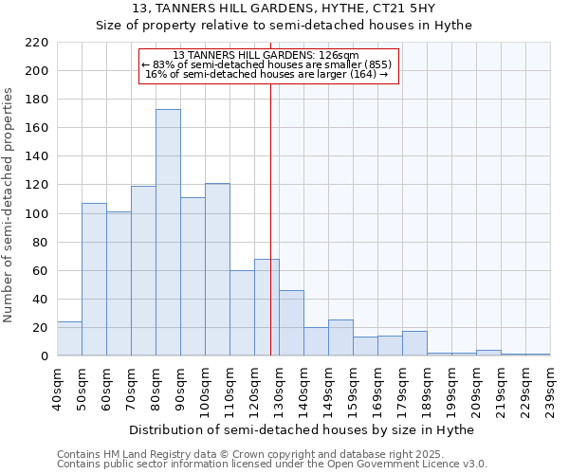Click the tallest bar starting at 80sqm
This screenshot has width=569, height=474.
168,232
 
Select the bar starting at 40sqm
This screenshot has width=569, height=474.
69,338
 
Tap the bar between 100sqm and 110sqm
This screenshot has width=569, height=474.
217,269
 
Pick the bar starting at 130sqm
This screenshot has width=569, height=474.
291,322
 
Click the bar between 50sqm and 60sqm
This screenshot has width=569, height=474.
94,280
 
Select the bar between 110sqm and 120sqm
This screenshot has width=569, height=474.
242,313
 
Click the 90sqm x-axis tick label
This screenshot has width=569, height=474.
181,390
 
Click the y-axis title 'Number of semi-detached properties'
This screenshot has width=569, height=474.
9,205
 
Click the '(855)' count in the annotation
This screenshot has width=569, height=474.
377,64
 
